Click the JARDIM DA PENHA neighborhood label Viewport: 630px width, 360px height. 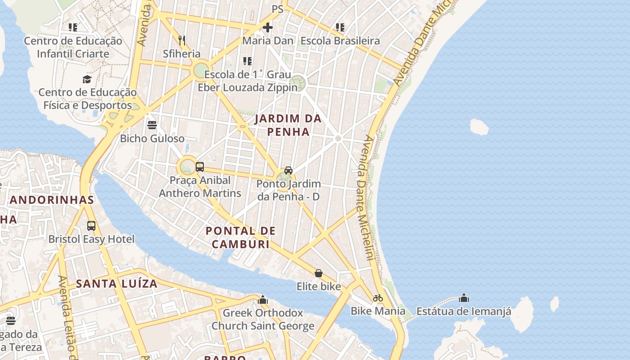point(288,125)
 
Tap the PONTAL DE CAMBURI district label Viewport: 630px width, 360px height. point(241,238)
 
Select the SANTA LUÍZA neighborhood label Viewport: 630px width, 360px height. point(117,283)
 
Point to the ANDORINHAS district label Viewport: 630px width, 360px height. point(52,200)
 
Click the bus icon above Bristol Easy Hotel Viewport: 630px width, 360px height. point(91,225)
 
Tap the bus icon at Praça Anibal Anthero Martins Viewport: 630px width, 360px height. point(200,167)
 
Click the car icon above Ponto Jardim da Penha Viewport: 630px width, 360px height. point(288,170)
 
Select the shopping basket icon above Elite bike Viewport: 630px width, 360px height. point(319,273)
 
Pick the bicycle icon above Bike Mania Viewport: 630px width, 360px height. point(378,298)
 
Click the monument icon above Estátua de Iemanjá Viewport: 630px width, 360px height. point(464,298)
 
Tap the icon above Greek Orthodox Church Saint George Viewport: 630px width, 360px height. point(263,299)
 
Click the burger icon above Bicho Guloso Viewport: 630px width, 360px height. point(152,125)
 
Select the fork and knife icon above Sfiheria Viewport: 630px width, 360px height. point(182,40)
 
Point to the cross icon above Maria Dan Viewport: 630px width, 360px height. point(268,27)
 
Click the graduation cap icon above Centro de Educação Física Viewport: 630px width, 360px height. point(87,79)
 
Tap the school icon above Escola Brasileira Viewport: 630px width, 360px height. point(340,27)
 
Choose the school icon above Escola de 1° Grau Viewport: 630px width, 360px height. point(247,61)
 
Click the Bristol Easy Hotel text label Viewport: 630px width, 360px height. point(91,239)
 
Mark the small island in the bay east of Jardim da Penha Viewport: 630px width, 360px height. point(479,127)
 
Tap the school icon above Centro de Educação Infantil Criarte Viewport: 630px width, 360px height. point(73,27)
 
